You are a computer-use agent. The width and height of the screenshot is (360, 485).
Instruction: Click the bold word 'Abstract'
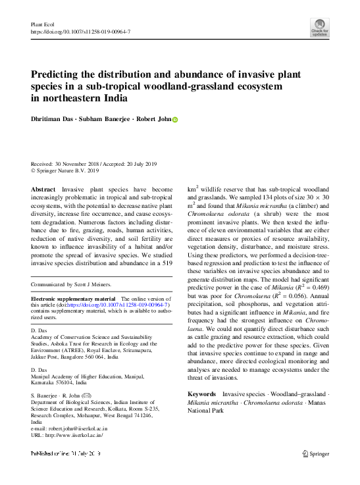pos(44,189)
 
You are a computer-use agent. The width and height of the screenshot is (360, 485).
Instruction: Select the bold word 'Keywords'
pos(202,394)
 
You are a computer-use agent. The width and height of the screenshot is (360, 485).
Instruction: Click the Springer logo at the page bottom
pos(315,453)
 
